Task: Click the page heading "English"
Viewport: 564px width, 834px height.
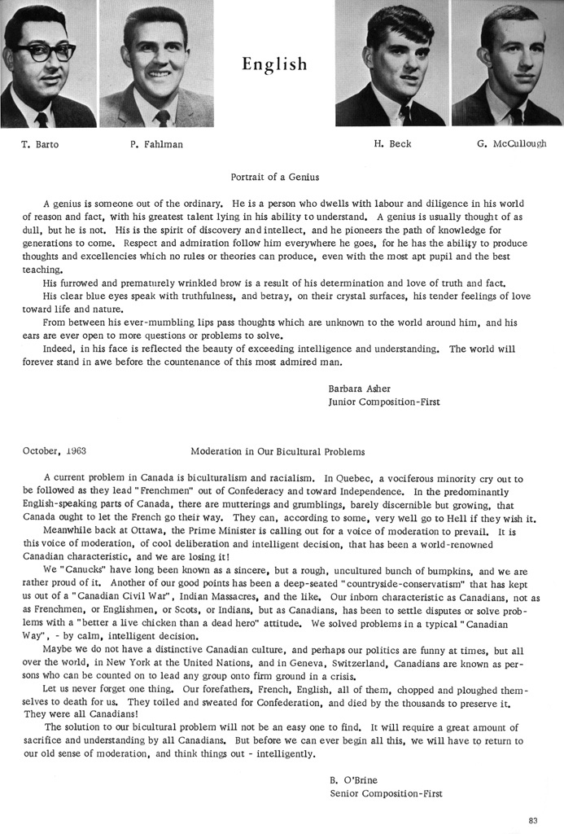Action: click(x=274, y=64)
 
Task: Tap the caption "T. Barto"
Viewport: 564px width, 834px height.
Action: click(x=41, y=145)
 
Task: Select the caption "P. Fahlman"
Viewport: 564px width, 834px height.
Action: click(x=156, y=145)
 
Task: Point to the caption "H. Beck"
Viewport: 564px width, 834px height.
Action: click(x=392, y=144)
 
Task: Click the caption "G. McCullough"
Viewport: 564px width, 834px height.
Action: click(x=512, y=144)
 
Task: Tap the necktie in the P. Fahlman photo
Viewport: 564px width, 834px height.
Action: click(x=162, y=116)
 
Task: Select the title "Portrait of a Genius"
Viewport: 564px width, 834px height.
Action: click(x=275, y=177)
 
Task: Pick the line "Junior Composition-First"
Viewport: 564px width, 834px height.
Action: click(x=383, y=402)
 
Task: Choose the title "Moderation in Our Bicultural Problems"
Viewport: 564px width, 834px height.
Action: click(x=277, y=450)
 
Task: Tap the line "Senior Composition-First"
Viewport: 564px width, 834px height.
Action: click(x=387, y=792)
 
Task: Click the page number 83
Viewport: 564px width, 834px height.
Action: click(x=533, y=819)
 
